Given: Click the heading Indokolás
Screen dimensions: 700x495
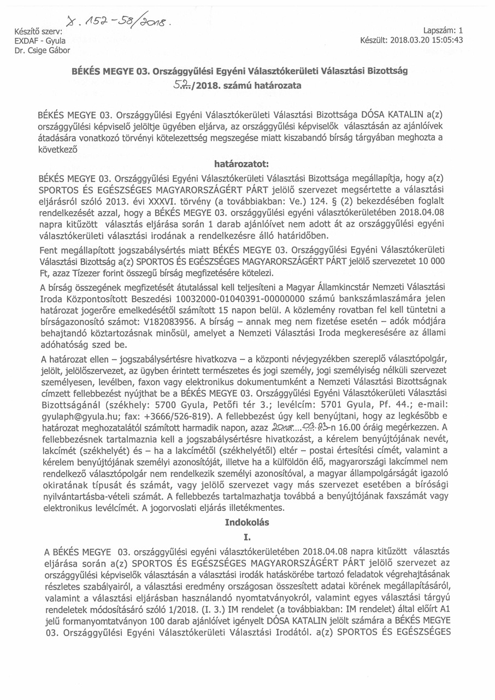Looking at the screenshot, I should click(x=247, y=522).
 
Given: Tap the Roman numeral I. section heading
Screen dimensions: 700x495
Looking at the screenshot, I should click(x=247, y=538).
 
